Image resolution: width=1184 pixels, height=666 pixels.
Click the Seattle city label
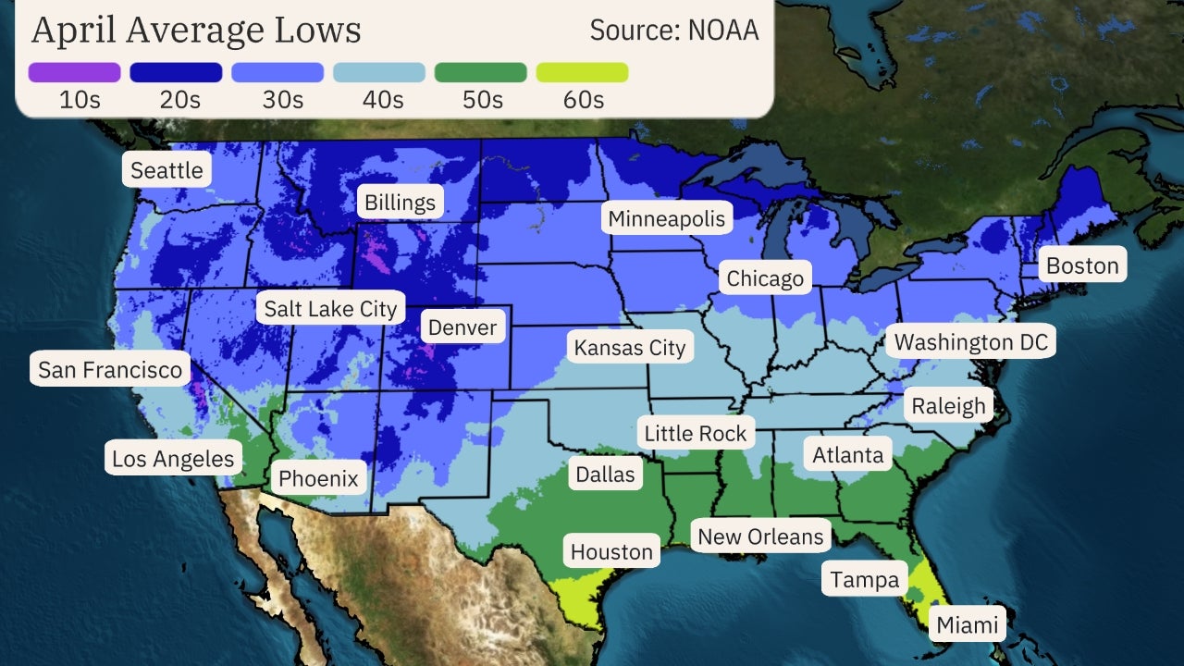(x=166, y=170)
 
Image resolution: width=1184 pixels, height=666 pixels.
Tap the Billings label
(x=400, y=203)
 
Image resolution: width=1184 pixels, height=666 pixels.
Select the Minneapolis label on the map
(x=667, y=219)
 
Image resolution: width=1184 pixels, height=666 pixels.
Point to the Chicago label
(x=765, y=278)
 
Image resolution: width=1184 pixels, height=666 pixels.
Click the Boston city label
(x=1081, y=266)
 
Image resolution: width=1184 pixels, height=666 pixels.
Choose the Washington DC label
(x=970, y=342)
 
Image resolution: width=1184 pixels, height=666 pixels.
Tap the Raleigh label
(x=948, y=405)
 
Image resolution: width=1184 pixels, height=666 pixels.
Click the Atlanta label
(x=847, y=455)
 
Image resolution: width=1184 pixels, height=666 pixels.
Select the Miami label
(x=968, y=625)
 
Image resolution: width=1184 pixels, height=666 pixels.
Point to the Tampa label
(x=864, y=580)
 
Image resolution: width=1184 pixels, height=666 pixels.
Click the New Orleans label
(x=760, y=536)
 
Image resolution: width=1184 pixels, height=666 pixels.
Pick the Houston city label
(x=611, y=552)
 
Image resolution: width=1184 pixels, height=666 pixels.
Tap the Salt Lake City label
(x=330, y=308)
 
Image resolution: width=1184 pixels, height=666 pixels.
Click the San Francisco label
(x=110, y=371)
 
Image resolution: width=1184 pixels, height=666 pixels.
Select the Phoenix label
(x=318, y=478)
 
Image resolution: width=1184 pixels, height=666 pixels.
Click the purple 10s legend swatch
(x=75, y=72)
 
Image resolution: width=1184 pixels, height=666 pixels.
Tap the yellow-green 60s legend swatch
(x=582, y=72)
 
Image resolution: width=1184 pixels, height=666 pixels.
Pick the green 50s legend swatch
(x=480, y=72)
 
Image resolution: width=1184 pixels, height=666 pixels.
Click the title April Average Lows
(x=196, y=30)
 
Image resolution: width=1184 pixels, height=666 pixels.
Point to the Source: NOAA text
(x=674, y=30)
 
